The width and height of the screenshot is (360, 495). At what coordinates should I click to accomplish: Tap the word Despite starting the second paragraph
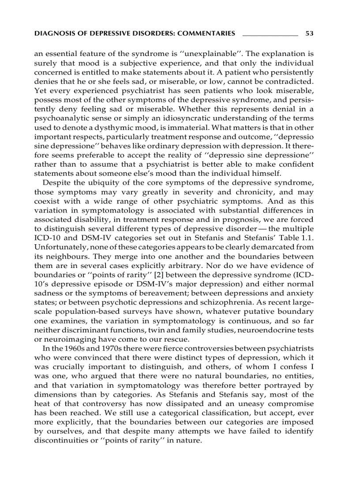click(x=56, y=183)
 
